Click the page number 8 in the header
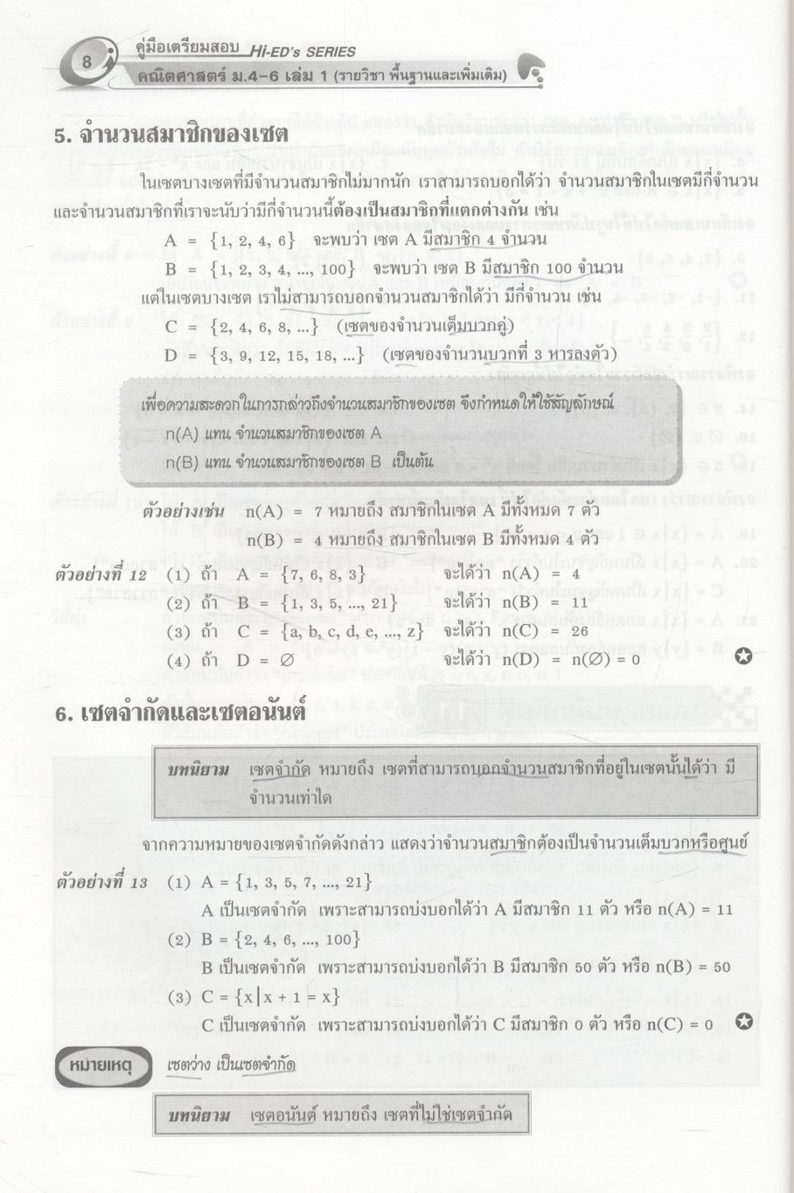coord(86,62)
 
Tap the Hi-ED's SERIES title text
coord(302,52)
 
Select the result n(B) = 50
coord(687,967)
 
